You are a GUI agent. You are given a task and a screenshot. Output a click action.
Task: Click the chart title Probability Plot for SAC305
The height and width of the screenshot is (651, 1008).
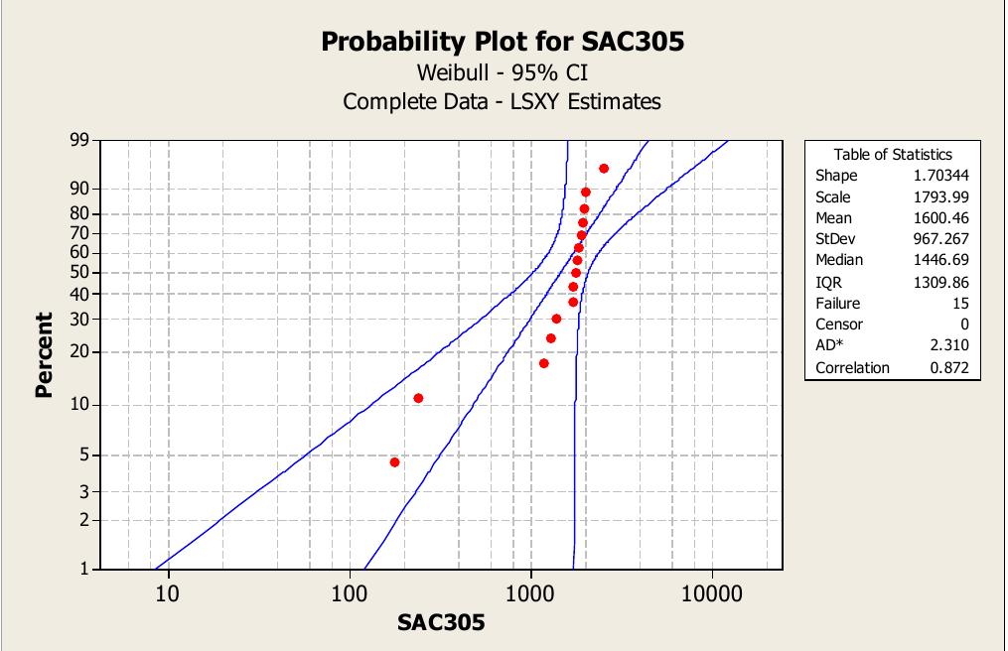503,42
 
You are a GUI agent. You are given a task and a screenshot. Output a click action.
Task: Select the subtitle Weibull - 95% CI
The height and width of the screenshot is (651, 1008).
503,72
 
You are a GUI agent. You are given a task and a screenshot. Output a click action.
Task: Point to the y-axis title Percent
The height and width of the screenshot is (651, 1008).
44,354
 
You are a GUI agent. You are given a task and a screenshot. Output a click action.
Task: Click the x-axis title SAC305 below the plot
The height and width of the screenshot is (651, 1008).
441,622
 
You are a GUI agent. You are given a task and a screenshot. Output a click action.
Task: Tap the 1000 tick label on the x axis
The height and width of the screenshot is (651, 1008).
530,594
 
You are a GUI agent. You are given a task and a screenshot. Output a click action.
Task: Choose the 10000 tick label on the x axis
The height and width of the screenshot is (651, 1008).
711,594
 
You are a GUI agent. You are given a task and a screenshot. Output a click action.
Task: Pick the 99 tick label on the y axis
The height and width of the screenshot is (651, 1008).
77,141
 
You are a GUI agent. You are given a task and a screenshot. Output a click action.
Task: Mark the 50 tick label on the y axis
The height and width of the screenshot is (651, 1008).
77,272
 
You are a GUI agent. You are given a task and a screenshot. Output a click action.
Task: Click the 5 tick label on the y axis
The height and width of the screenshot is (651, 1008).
83,456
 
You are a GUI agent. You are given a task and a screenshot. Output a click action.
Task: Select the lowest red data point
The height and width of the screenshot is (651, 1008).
394,462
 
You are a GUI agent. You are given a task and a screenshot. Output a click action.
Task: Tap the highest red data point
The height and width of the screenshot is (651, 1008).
604,169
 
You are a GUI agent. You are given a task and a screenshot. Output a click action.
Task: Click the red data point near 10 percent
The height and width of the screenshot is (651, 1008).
418,398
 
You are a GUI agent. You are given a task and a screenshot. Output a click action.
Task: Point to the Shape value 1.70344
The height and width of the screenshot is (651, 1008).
938,176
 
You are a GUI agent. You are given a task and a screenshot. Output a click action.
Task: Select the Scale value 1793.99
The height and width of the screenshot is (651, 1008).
940,196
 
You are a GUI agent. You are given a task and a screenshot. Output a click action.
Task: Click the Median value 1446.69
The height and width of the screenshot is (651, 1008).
940,260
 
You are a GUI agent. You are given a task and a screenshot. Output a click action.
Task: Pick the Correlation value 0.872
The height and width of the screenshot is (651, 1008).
949,367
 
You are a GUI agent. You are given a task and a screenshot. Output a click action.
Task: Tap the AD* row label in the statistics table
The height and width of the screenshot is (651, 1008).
830,345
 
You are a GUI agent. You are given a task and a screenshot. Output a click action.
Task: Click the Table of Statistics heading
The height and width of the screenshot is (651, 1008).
893,154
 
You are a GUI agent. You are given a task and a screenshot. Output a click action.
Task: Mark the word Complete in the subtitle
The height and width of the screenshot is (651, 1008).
381,101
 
